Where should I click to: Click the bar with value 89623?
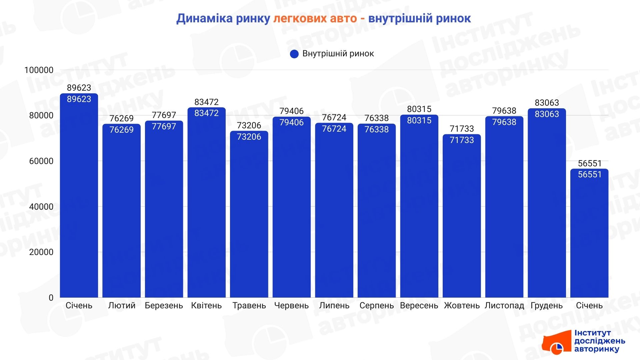click(x=79, y=197)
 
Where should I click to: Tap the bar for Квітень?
click(x=206, y=203)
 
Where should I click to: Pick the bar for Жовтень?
click(x=462, y=217)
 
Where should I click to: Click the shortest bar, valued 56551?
click(x=589, y=233)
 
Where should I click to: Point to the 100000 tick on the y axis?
click(x=39, y=70)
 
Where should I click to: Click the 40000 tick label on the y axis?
click(x=41, y=207)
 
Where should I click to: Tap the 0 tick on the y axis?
click(x=51, y=298)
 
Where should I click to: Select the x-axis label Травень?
click(x=249, y=306)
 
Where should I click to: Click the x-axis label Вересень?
click(x=419, y=306)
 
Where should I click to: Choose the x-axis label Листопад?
click(x=504, y=306)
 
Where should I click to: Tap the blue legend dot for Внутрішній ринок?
click(x=294, y=54)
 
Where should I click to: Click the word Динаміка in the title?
click(x=204, y=19)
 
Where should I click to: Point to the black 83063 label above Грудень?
click(x=547, y=103)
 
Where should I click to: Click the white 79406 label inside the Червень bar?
click(x=292, y=122)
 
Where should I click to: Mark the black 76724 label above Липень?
click(x=334, y=117)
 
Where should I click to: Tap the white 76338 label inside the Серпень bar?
click(x=377, y=129)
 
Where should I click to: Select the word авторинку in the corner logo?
click(x=597, y=349)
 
